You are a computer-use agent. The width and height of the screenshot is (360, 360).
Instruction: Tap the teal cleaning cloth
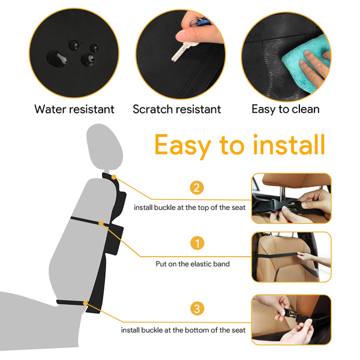307,64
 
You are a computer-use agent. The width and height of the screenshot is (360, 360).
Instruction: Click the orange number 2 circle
197,188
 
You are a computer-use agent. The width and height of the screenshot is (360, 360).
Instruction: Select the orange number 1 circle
197,243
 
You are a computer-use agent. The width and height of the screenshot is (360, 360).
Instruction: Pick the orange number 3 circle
197,308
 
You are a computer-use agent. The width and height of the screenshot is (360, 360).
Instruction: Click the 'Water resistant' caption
74,109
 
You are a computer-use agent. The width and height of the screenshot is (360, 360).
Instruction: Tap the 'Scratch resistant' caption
177,109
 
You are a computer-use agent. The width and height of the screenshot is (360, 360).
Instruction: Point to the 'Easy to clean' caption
286,109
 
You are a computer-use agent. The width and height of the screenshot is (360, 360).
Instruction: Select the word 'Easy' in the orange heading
183,146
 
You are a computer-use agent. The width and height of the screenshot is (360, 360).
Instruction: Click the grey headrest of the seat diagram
104,146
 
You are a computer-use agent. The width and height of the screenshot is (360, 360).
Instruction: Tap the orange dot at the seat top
114,177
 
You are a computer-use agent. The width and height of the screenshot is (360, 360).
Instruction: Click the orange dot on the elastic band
101,223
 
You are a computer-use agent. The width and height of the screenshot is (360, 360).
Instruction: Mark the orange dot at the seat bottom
85,304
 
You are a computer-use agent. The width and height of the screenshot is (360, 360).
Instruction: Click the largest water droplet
57,59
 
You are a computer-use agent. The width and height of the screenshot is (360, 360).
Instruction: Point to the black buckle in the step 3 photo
293,315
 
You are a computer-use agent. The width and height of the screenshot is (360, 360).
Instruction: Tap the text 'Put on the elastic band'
193,264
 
